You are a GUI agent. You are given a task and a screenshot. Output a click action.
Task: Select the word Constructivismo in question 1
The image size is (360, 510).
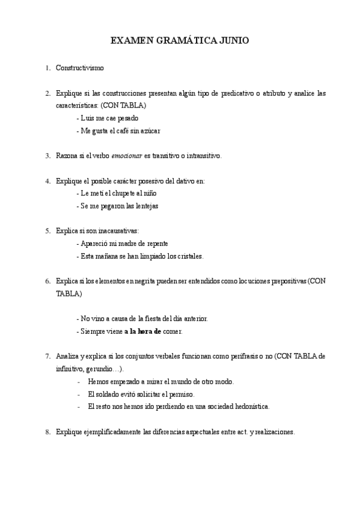(x=79, y=68)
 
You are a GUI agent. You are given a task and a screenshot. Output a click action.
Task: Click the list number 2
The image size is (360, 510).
(x=47, y=93)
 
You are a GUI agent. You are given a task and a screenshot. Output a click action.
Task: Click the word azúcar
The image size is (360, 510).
(x=149, y=131)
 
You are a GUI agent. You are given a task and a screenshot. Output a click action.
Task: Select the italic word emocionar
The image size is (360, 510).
(x=126, y=156)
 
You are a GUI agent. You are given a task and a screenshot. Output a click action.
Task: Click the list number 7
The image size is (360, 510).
(x=47, y=356)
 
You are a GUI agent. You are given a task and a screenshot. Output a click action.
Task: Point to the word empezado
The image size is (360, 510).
(x=124, y=382)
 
